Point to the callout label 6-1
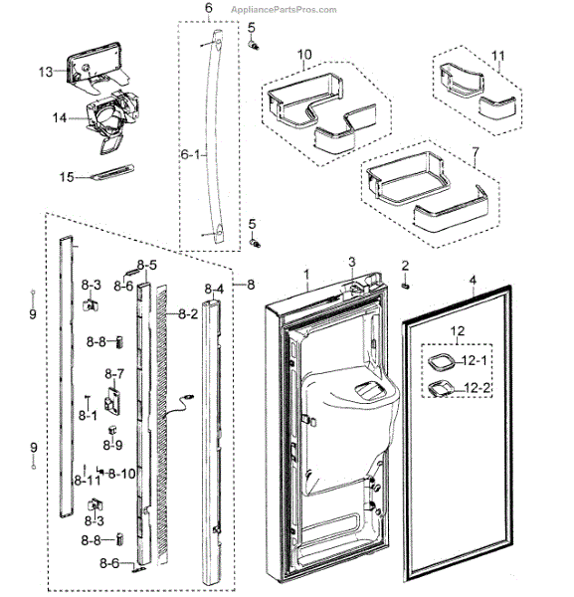click(190, 155)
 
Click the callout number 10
click(304, 53)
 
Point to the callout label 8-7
click(115, 374)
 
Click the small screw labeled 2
click(406, 286)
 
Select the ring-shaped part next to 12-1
click(443, 362)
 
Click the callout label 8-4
click(214, 290)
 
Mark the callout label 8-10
click(122, 473)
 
